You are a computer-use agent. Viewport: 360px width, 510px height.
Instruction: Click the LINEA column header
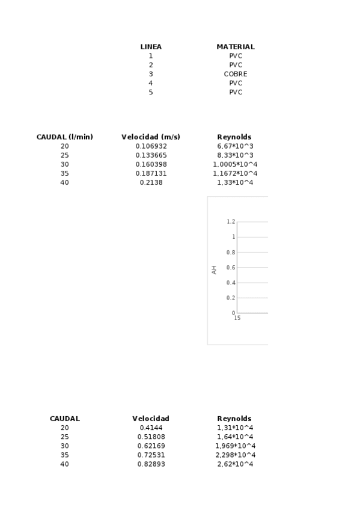151,47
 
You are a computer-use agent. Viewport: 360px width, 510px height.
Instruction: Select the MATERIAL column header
236,47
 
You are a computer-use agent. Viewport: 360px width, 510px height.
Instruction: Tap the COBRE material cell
236,74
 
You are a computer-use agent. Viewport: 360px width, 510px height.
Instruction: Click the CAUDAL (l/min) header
65,137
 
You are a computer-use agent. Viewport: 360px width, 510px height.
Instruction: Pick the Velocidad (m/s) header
151,137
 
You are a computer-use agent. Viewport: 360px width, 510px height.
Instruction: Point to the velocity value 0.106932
151,146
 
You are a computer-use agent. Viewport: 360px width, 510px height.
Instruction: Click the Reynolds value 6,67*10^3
235,146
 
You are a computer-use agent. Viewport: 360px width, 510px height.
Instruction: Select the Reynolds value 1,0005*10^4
235,164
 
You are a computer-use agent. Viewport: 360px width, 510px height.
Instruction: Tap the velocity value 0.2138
151,182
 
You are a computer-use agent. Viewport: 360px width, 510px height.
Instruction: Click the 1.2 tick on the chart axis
231,222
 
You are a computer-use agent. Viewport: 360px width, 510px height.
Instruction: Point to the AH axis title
214,271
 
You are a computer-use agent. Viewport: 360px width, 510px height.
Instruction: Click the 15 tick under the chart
237,318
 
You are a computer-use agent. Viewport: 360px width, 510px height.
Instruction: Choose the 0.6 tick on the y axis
231,268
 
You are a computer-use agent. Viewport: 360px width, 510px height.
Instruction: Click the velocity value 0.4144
151,428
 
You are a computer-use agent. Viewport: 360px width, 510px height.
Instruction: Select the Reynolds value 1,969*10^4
235,446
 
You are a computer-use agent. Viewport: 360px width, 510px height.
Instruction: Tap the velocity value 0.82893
151,464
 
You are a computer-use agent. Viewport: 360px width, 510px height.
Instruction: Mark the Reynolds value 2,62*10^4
235,464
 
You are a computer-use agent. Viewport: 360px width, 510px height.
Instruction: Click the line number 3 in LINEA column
151,74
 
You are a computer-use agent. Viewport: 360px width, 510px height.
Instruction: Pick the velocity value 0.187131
151,173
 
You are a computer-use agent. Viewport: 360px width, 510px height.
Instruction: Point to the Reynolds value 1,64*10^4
235,437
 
